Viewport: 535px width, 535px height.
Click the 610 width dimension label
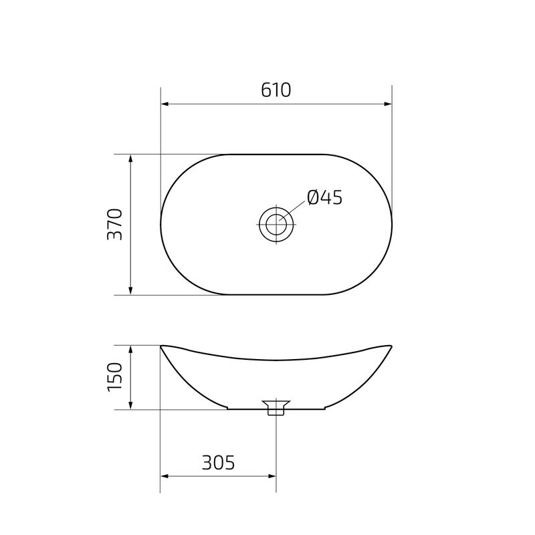(276, 90)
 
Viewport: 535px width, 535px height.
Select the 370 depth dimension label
(114, 224)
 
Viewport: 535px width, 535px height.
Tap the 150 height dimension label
(114, 377)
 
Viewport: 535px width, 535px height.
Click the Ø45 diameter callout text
(324, 197)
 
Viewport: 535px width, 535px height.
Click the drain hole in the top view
(276, 224)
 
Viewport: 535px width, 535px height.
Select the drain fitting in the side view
(276, 407)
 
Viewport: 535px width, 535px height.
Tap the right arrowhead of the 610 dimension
(387, 104)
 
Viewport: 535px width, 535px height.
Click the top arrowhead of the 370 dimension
(131, 158)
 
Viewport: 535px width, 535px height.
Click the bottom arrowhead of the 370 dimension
(131, 290)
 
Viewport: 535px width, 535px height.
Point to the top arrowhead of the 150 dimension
(131, 350)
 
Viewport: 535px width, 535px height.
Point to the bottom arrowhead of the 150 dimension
(131, 405)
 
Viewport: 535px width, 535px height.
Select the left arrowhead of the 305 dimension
(165, 477)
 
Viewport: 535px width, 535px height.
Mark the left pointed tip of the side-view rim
(161, 346)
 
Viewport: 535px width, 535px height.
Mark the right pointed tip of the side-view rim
(391, 346)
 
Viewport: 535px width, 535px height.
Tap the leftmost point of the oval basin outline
(160, 224)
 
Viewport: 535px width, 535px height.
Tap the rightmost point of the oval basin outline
(392, 224)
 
